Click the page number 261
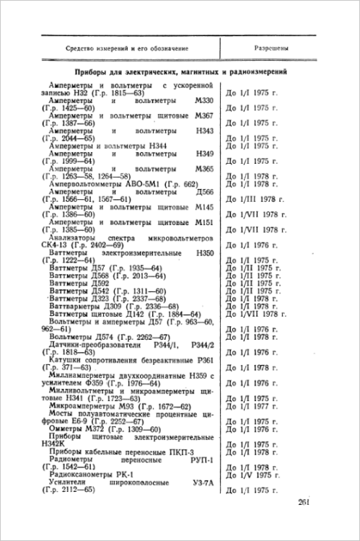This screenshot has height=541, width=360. click(x=304, y=503)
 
